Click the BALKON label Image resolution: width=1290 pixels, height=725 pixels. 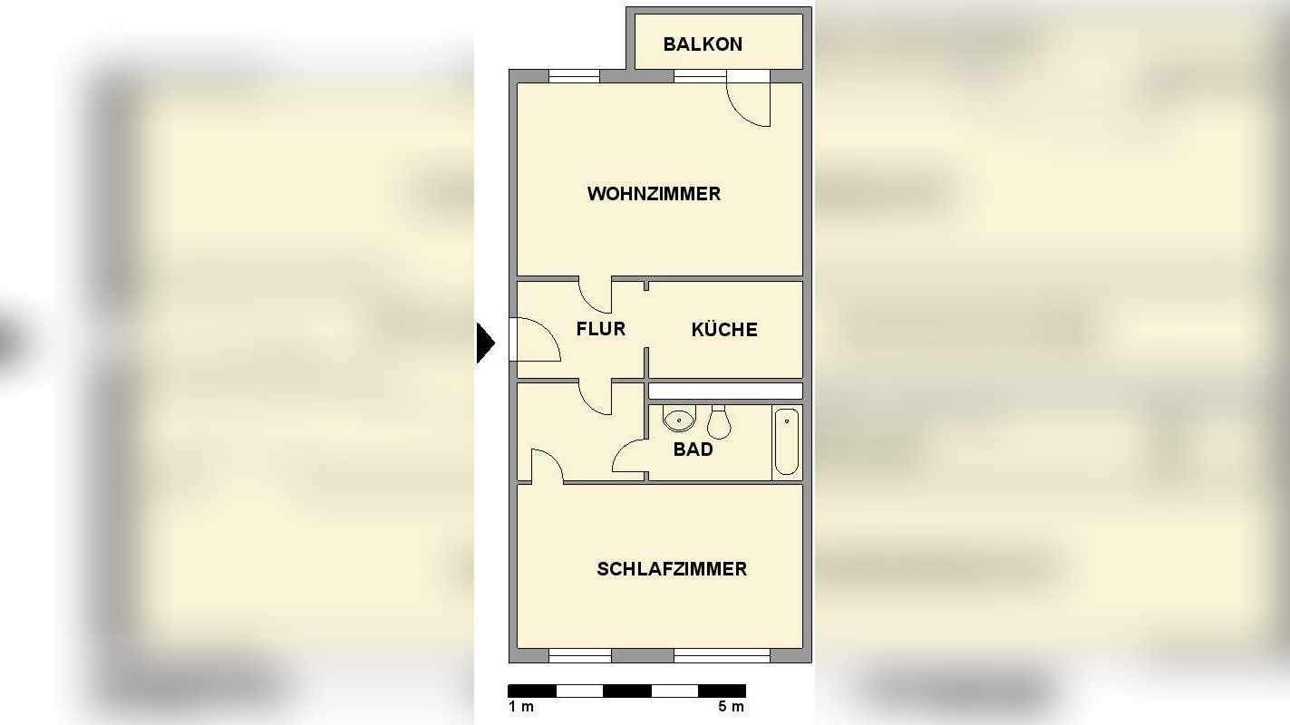[703, 44]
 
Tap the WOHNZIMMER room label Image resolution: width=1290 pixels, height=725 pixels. [654, 194]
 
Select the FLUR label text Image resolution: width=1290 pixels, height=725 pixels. [600, 329]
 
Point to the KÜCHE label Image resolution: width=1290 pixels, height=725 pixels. [724, 330]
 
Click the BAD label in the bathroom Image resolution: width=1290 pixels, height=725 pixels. [693, 449]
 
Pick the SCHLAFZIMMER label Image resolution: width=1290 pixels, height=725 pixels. [672, 569]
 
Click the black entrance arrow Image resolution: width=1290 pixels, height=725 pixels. [486, 343]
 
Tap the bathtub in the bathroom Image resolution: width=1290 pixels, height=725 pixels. [787, 442]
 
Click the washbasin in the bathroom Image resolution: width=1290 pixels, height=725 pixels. [679, 420]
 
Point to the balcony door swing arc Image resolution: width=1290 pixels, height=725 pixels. [750, 105]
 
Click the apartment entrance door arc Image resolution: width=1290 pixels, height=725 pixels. [539, 341]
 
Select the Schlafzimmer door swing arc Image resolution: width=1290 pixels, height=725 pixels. [547, 465]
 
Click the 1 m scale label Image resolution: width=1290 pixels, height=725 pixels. [521, 707]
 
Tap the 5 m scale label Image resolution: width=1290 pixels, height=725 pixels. [731, 707]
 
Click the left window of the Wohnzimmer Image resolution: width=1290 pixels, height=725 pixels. [574, 76]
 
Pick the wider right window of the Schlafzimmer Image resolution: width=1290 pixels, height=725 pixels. [722, 655]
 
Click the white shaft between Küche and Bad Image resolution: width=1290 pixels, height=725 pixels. [725, 391]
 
